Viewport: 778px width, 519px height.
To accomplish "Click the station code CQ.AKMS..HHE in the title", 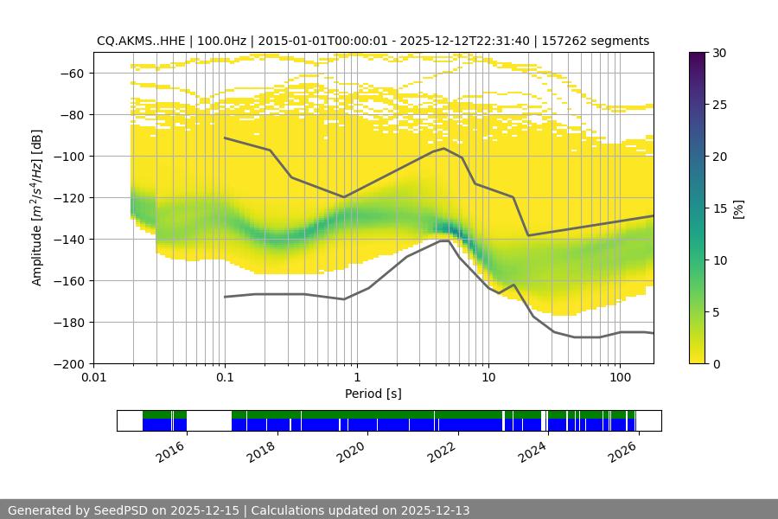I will (144, 41).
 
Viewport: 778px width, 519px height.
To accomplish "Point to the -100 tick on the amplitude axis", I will (74, 156).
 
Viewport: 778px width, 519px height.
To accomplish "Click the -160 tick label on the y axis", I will (74, 280).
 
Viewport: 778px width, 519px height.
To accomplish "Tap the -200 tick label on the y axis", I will (74, 363).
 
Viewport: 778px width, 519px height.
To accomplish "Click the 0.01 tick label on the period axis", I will (93, 378).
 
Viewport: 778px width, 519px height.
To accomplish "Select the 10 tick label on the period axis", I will (488, 378).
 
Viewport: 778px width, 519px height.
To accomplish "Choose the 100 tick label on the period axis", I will (620, 378).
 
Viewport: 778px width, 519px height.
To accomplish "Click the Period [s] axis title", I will (373, 394).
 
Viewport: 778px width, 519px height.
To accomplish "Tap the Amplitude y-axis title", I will (37, 208).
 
